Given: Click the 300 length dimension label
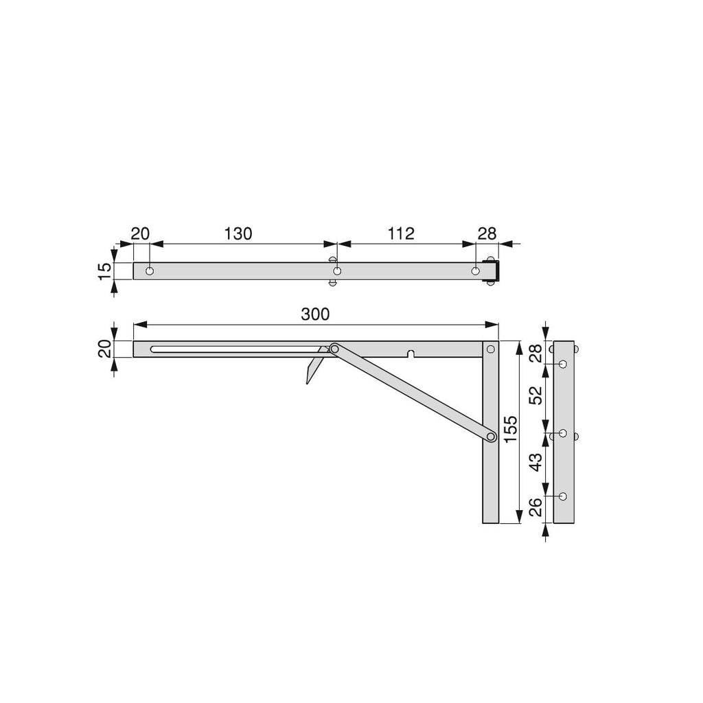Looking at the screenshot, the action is pos(315,314).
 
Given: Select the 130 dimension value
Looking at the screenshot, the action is pos(238,233).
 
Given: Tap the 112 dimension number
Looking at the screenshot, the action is pos(400,233).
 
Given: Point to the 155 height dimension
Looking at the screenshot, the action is pos(511,429).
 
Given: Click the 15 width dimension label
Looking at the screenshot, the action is pos(104,271).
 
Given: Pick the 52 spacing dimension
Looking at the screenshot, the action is pos(535,395).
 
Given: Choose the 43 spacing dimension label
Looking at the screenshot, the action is pos(535,462).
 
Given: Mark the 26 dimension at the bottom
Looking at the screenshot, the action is pos(535,507).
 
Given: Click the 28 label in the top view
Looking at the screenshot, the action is pos(487,233).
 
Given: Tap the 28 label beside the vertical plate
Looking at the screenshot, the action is pos(535,354).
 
